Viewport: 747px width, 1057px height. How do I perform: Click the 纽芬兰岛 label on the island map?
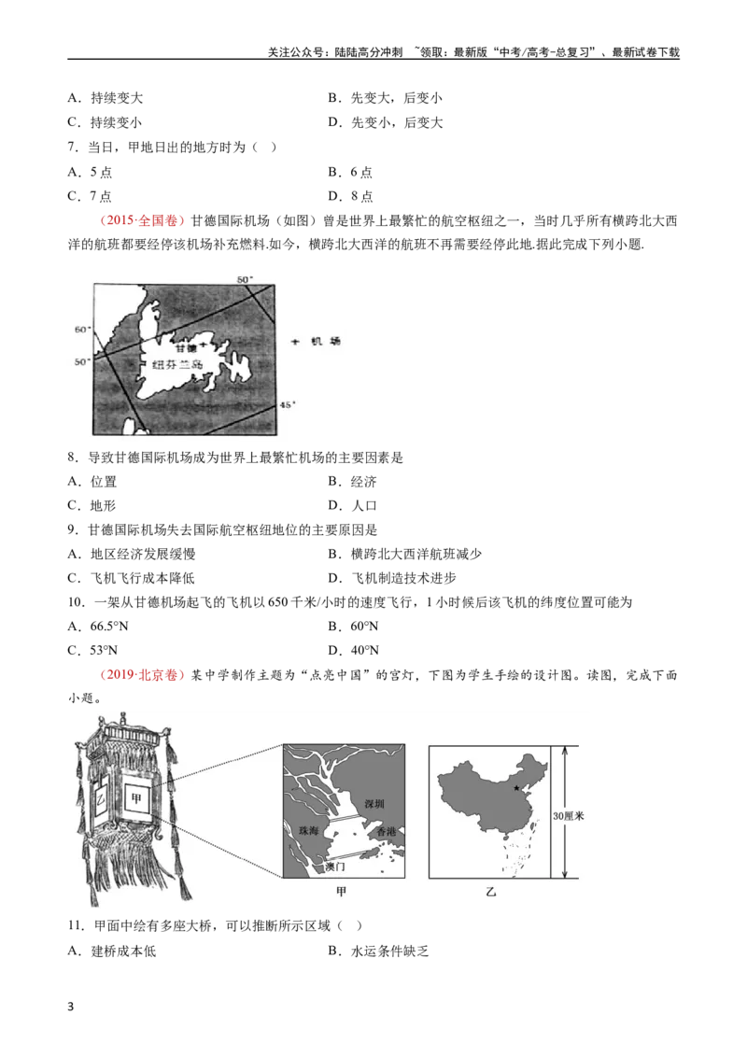point(177,364)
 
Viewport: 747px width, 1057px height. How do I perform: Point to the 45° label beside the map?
point(288,404)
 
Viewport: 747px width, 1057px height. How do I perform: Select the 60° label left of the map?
point(82,330)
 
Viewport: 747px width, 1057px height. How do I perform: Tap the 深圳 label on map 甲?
point(374,804)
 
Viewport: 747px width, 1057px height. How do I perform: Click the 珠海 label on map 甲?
point(309,830)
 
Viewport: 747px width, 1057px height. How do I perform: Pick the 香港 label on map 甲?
point(387,832)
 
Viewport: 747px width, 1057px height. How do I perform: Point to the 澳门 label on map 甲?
point(335,867)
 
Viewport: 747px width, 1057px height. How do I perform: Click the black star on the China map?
point(517,788)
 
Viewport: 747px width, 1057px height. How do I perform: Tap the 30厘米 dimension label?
point(569,816)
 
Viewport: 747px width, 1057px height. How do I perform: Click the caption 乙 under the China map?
point(491,892)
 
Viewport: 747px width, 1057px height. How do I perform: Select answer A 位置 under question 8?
point(92,481)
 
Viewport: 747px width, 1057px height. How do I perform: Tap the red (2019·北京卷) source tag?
point(142,675)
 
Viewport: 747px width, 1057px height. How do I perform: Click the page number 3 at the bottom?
point(71,1008)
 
